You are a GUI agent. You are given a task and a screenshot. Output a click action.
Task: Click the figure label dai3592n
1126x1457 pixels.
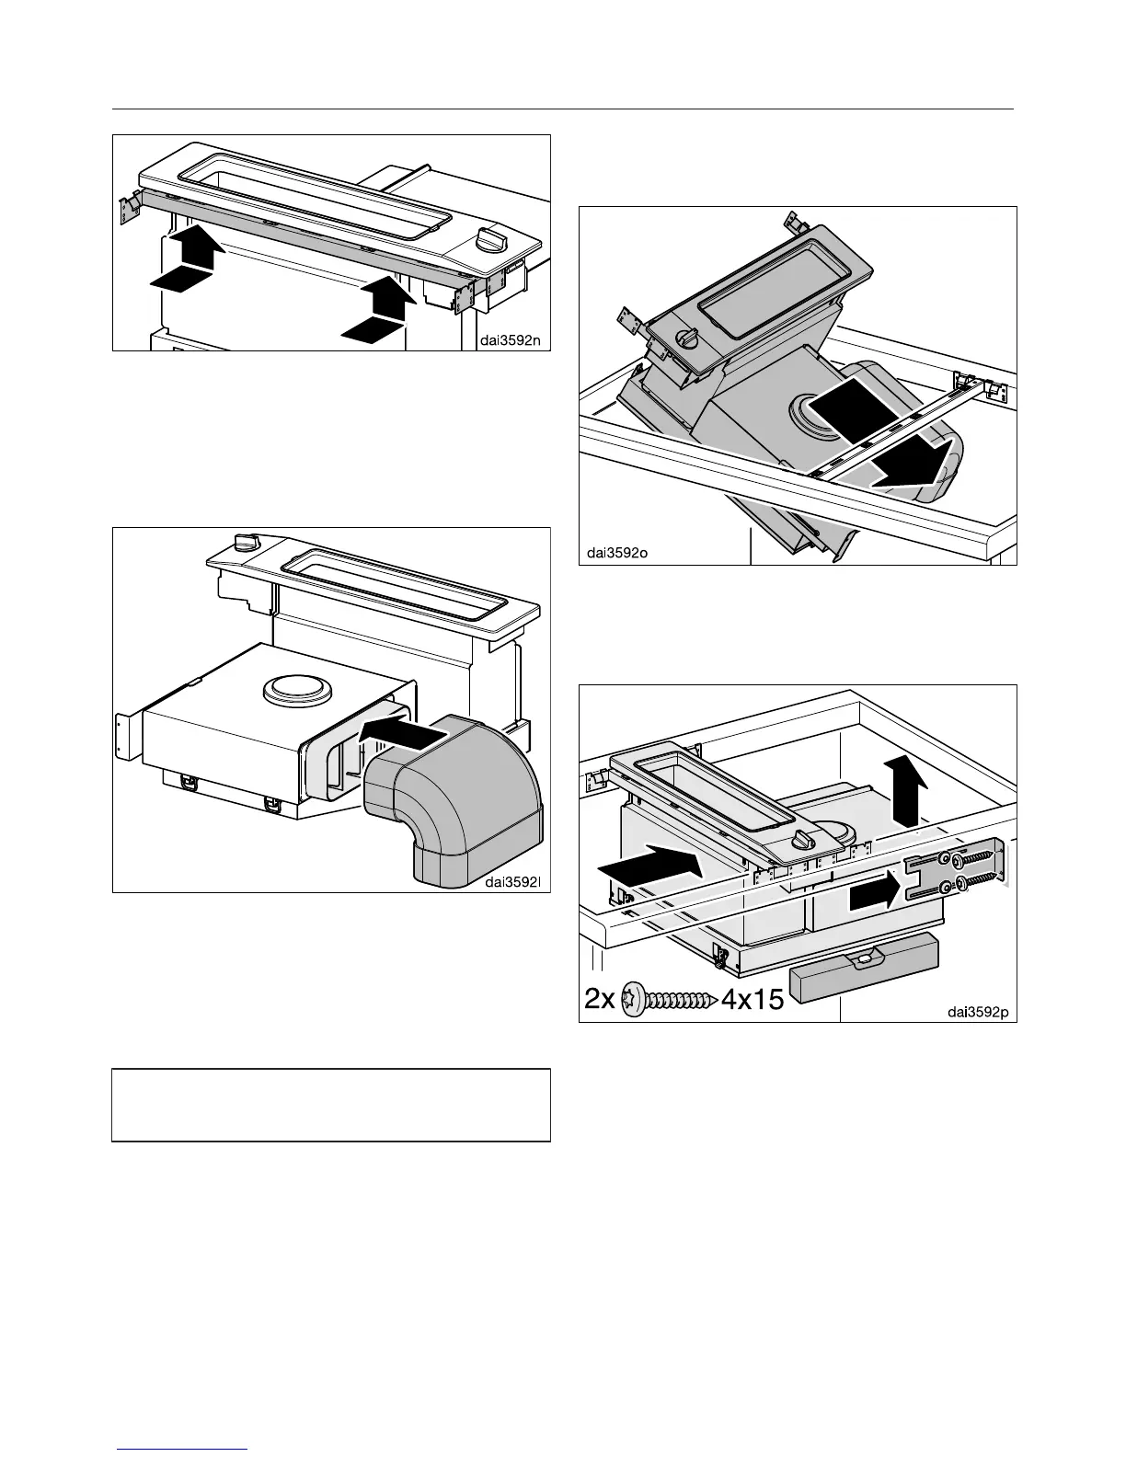click(509, 339)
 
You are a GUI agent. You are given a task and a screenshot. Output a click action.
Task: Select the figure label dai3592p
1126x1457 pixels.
click(978, 1012)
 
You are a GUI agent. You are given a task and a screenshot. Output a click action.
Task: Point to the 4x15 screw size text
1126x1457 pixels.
click(752, 999)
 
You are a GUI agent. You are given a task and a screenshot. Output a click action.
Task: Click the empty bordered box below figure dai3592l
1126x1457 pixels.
click(331, 1105)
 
